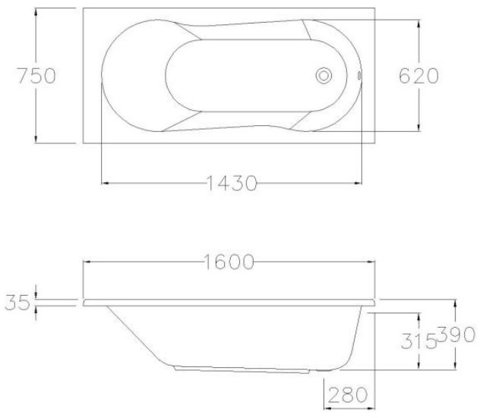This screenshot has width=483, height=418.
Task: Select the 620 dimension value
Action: (x=417, y=76)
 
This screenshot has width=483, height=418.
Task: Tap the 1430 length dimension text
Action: (x=231, y=184)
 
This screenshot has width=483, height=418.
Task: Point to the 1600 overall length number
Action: (x=228, y=262)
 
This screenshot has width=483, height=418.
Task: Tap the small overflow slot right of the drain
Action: (x=356, y=76)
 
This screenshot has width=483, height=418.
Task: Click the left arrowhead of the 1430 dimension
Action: (x=106, y=183)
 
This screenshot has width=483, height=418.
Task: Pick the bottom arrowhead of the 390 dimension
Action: (x=455, y=366)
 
